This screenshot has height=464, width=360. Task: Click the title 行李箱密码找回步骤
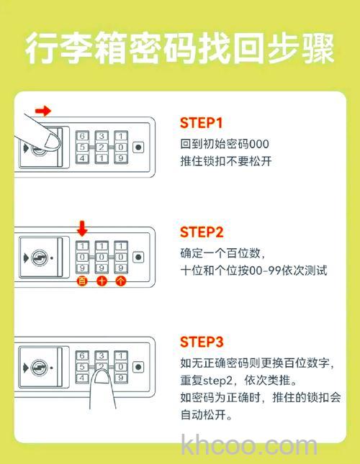pyautogui.click(x=179, y=49)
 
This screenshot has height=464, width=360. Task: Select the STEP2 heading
pyautogui.click(x=202, y=232)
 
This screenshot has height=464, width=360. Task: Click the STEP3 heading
pyautogui.click(x=202, y=341)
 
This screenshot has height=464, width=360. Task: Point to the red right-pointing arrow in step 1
pyautogui.click(x=45, y=111)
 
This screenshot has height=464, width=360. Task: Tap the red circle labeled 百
pyautogui.click(x=82, y=281)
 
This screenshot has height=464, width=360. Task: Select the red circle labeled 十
pyautogui.click(x=102, y=281)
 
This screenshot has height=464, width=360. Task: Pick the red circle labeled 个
pyautogui.click(x=120, y=281)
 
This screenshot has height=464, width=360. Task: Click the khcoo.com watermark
pyautogui.click(x=249, y=446)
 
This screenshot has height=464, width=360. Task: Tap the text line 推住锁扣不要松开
pyautogui.click(x=225, y=161)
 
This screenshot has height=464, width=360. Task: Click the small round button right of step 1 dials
pyautogui.click(x=138, y=147)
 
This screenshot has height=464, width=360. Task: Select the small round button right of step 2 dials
pyautogui.click(x=138, y=257)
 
